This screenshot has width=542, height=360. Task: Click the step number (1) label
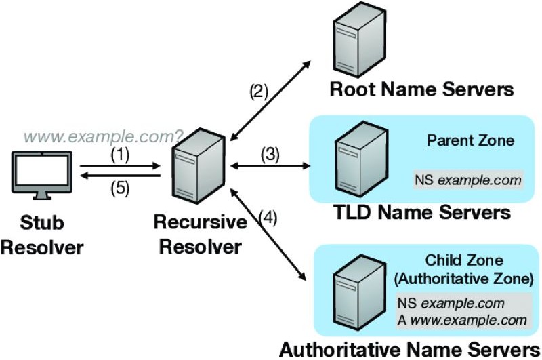pos(120,154)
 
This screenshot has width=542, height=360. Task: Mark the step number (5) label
pos(120,190)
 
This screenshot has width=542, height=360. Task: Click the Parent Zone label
pos(470,141)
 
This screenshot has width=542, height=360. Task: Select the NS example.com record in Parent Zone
pos(468,180)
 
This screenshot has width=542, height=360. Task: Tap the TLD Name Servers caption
pos(422,212)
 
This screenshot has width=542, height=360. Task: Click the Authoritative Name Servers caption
pos(410,350)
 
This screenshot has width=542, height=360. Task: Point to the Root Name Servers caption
pos(421,89)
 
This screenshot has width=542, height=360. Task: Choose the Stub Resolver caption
pos(42,235)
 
